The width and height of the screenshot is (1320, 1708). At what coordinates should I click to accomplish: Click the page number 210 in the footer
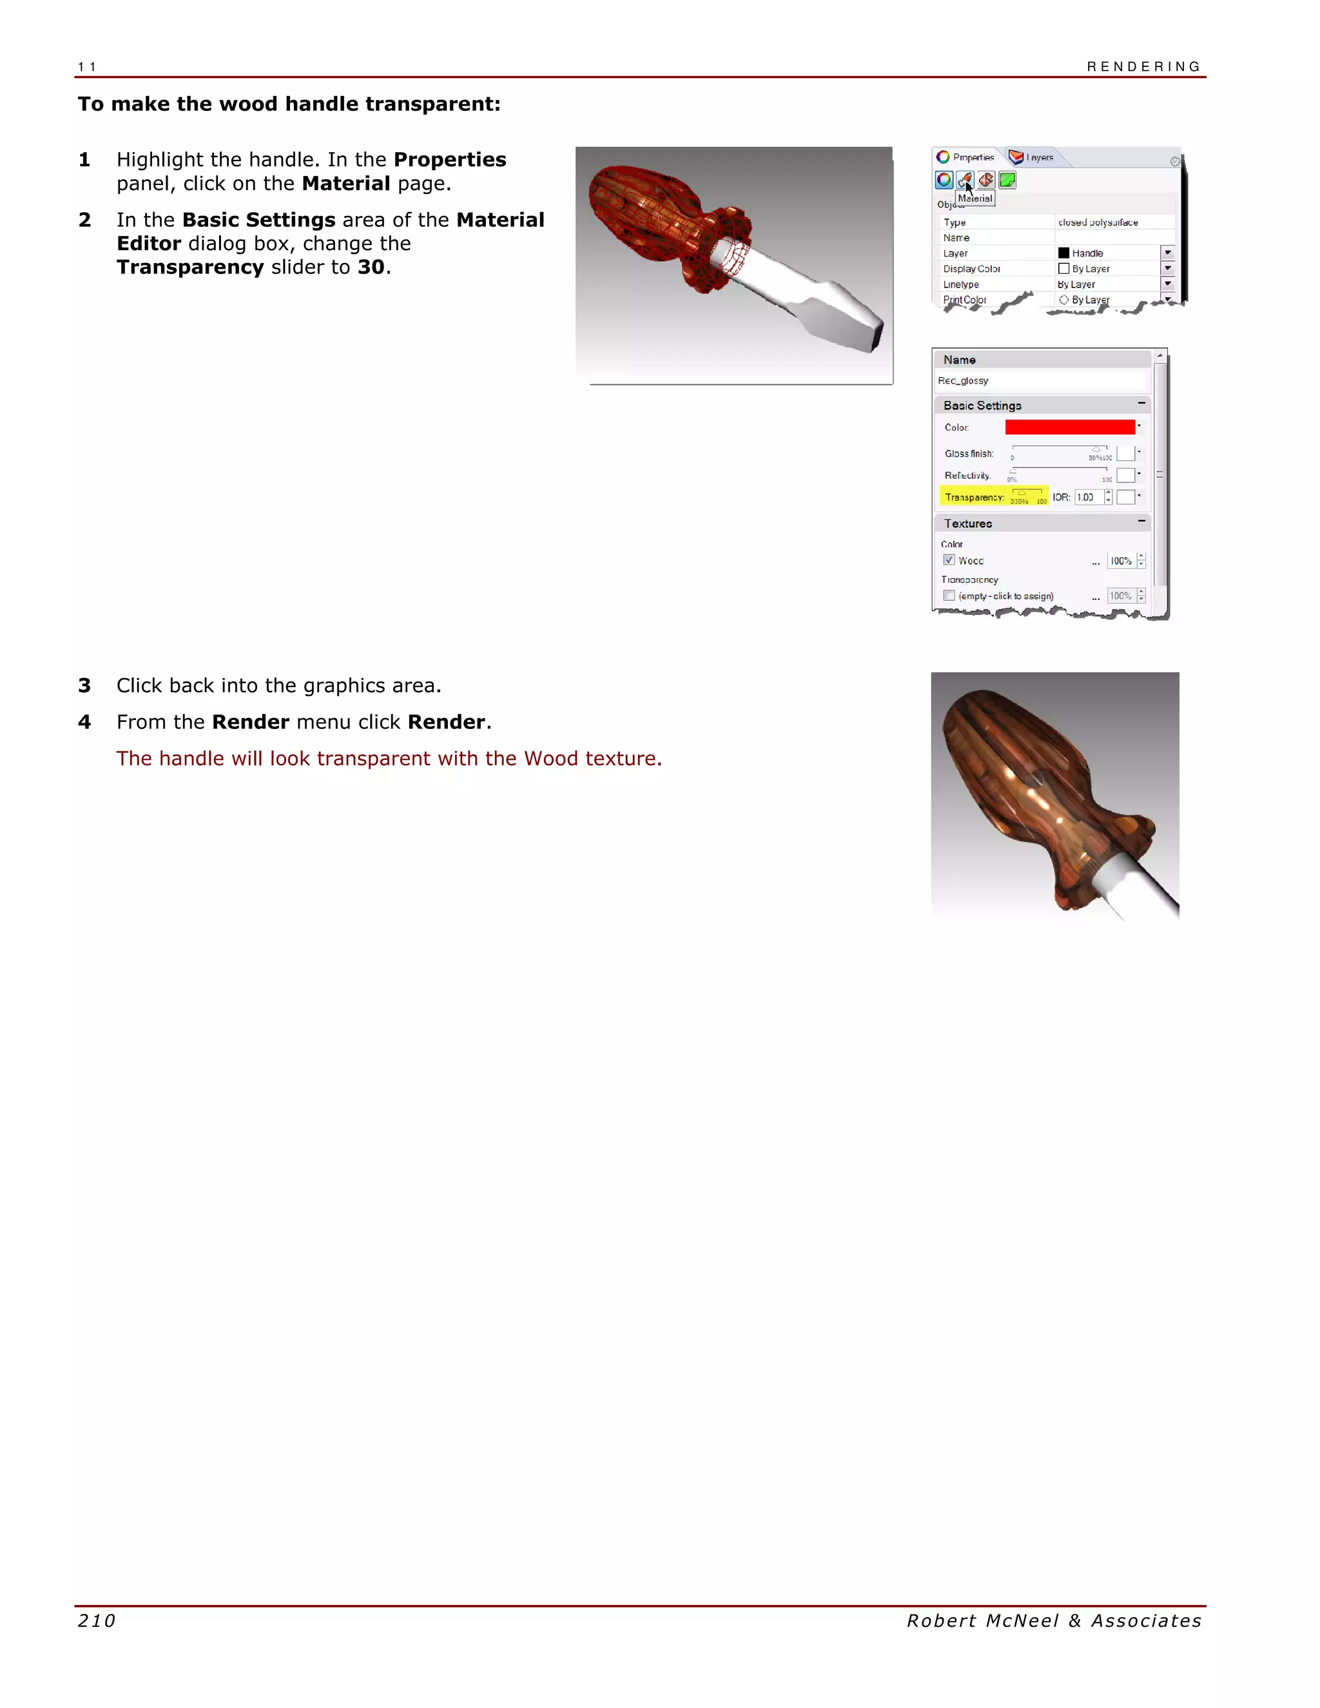coord(96,1620)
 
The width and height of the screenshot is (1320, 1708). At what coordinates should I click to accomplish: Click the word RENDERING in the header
coord(1143,66)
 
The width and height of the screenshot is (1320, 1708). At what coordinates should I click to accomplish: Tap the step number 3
coord(84,686)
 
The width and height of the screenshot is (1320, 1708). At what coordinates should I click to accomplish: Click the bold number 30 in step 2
coord(371,267)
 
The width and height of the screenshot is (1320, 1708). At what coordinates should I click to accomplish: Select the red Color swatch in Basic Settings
coord(1069,427)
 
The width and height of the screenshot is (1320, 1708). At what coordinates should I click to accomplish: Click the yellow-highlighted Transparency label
coord(974,498)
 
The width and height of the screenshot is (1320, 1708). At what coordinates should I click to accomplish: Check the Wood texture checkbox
coord(949,560)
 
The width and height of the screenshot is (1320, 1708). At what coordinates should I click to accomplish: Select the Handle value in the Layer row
coord(1087,253)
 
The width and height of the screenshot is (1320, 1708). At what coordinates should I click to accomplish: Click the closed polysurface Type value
coord(1097,223)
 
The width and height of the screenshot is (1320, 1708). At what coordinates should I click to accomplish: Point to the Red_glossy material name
coord(963,381)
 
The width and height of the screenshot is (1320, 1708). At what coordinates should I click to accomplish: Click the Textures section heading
coord(967,523)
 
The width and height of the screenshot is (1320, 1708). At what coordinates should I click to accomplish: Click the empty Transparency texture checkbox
coord(949,596)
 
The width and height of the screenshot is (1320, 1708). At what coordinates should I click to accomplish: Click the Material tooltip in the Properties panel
coord(975,199)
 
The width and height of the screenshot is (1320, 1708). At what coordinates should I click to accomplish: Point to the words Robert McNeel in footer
coord(982,1620)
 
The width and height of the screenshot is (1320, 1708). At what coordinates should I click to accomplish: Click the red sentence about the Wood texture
coord(389,759)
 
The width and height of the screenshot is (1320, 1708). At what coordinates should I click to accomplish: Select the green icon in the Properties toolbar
coord(1007,180)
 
